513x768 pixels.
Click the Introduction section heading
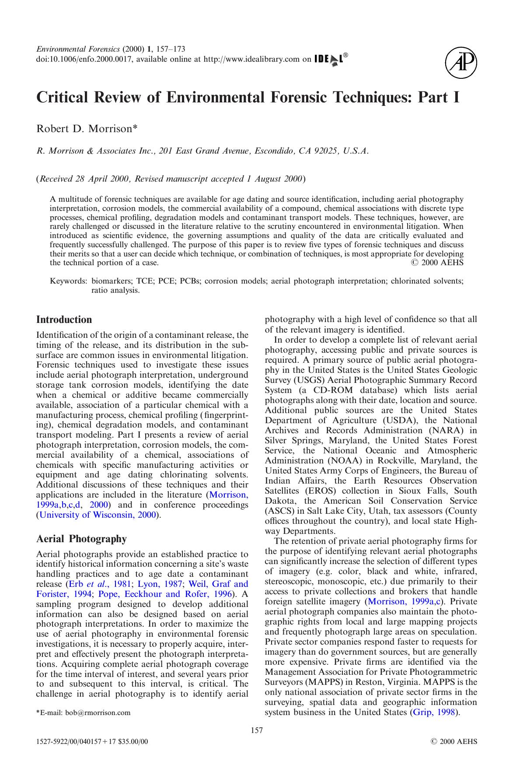coord(64,320)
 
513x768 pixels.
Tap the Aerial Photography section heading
coord(81,539)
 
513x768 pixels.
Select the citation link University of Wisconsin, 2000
coord(98,515)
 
